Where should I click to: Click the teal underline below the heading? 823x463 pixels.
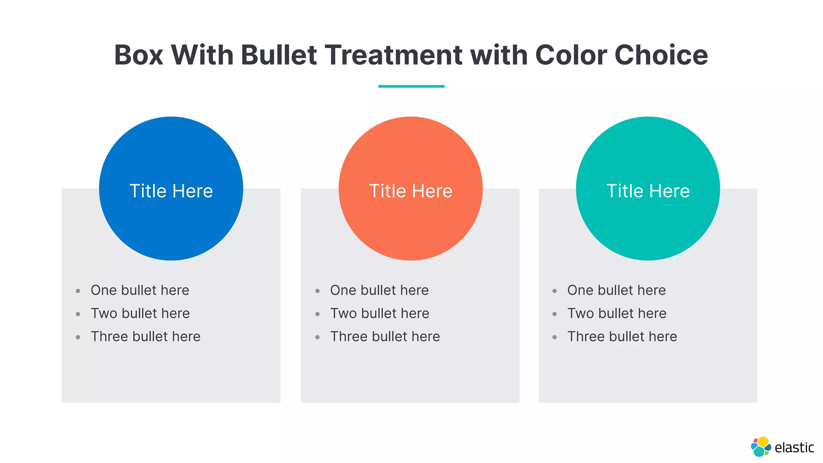point(411,86)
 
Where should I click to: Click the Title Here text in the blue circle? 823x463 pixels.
point(171,191)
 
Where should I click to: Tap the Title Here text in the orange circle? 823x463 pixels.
point(411,191)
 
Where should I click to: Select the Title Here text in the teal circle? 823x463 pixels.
point(648,191)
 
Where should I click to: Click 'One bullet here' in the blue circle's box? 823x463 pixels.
point(140,290)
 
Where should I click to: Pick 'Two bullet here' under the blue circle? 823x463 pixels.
point(140,313)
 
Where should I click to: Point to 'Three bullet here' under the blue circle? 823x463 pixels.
point(145,336)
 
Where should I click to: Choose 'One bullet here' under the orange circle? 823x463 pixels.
point(379,290)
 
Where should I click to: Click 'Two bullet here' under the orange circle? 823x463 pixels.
point(380,313)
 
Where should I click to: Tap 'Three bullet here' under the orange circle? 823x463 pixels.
point(385,336)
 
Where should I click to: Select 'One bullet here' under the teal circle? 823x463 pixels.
point(616,290)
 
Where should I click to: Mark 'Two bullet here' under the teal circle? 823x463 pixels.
point(617,313)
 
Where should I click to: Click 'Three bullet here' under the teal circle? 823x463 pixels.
point(622,336)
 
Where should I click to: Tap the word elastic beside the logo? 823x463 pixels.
point(794,447)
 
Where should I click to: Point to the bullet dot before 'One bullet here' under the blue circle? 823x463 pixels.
point(78,291)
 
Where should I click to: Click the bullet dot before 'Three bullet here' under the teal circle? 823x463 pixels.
point(555,337)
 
